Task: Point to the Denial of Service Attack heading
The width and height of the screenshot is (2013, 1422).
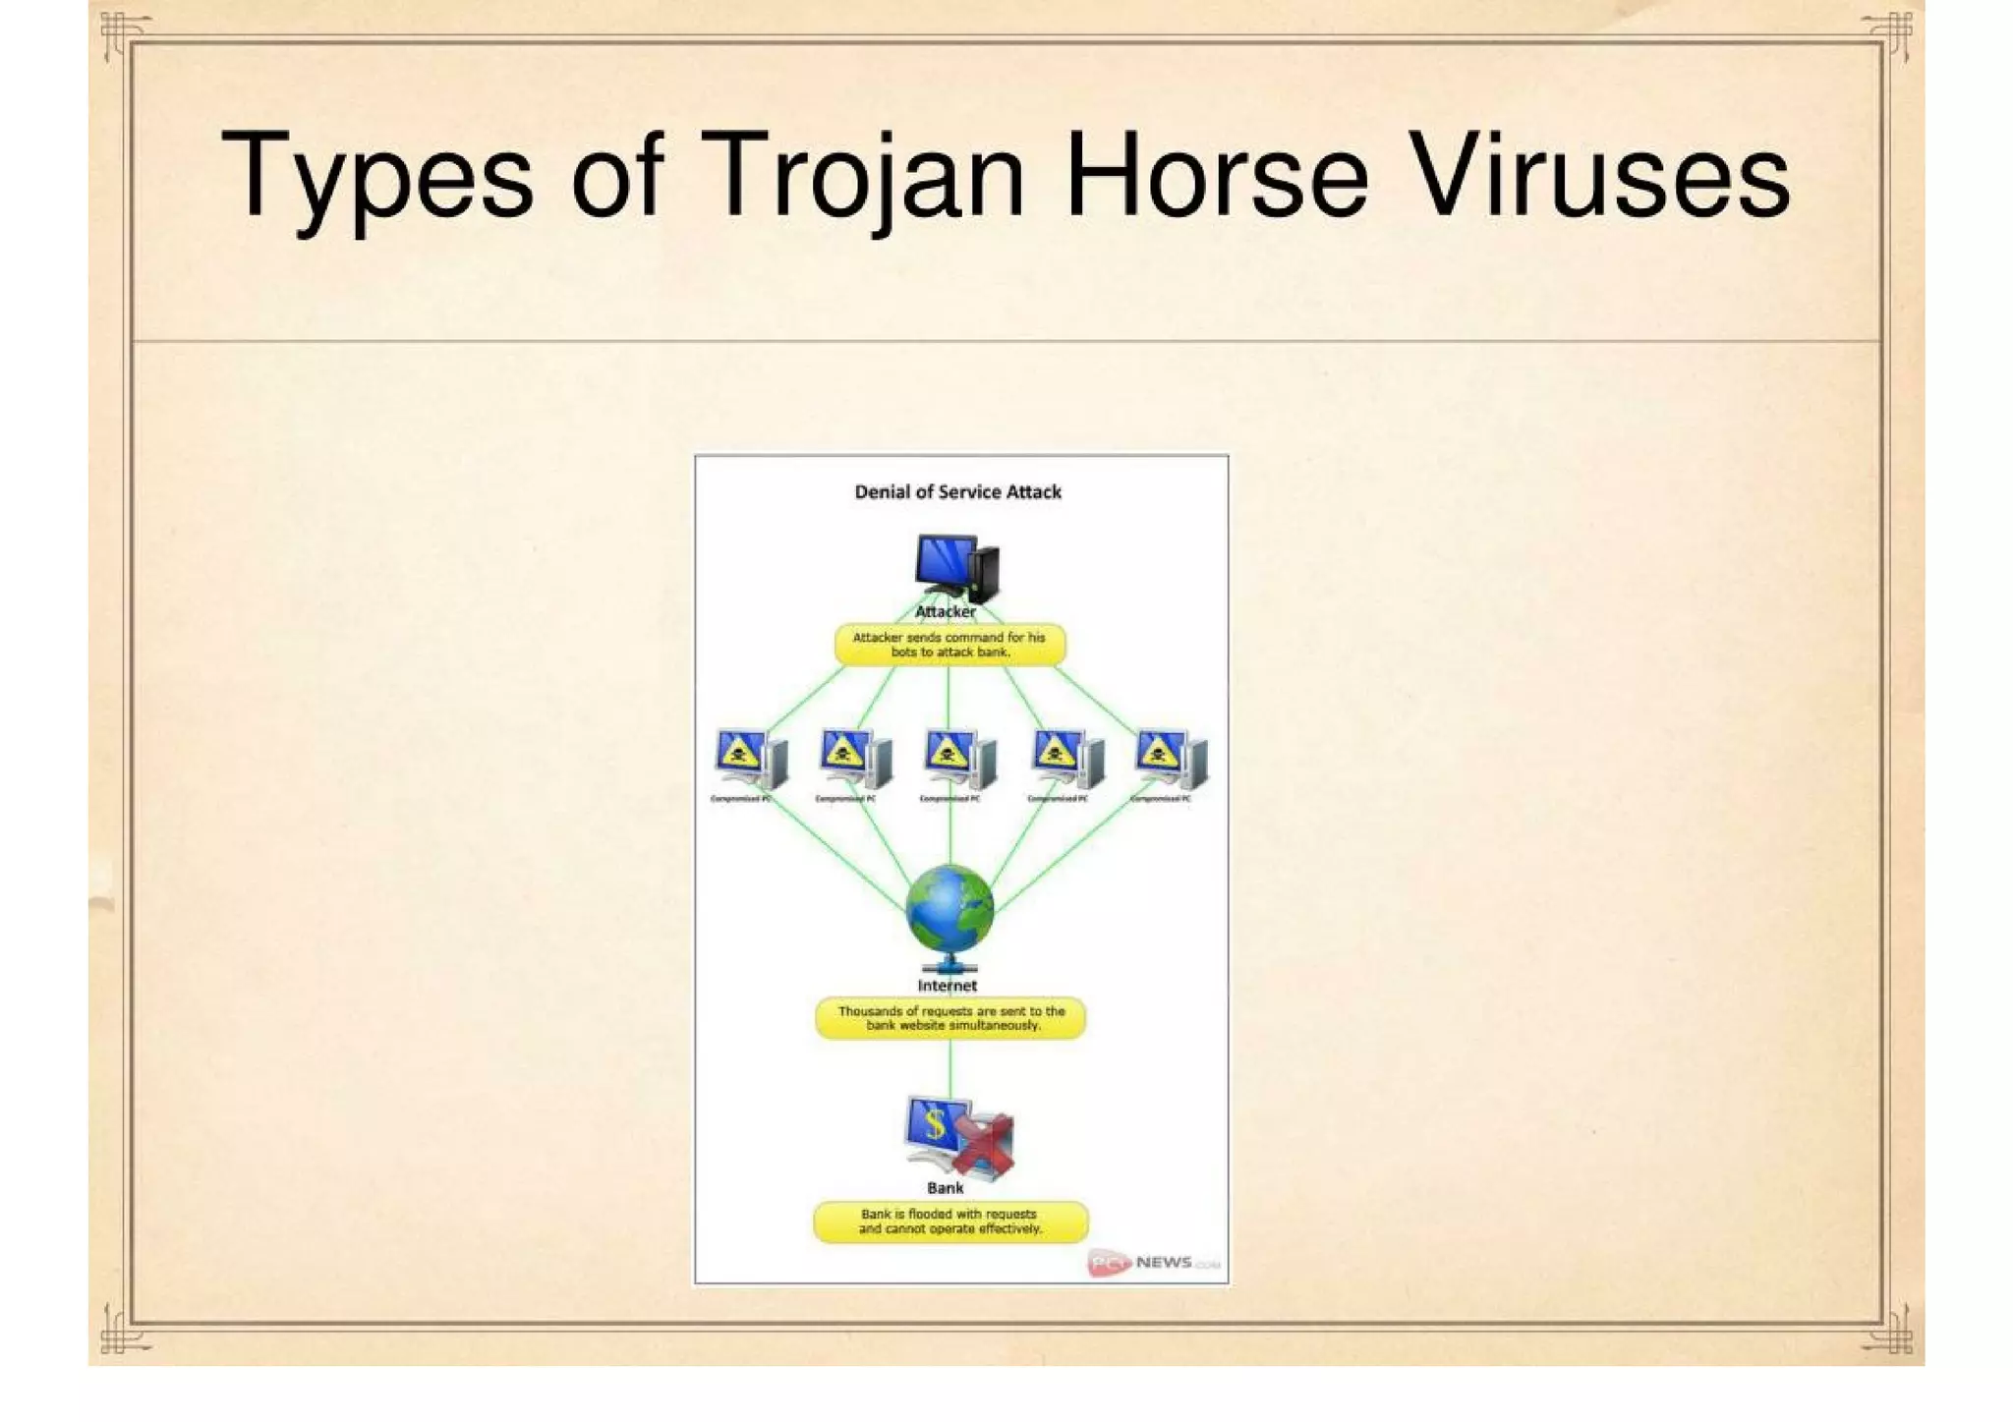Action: [957, 491]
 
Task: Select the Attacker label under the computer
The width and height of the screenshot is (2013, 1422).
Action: [946, 611]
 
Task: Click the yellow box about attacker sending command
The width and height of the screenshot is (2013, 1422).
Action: [949, 645]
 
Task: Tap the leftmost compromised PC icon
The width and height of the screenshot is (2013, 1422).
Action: [749, 760]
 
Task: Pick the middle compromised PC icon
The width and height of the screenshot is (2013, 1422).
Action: [959, 760]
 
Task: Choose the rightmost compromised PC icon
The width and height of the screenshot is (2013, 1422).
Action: [1171, 760]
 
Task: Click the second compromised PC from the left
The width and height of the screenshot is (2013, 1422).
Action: [854, 760]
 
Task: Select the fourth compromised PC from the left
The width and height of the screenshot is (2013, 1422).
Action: [1066, 760]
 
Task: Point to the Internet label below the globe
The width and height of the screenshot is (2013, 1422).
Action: [948, 986]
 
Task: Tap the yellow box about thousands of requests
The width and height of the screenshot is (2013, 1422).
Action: [950, 1018]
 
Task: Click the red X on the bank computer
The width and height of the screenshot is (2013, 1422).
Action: [984, 1144]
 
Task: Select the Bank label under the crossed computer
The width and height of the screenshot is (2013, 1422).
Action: [946, 1187]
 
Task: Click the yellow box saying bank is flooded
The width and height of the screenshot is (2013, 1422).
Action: [950, 1222]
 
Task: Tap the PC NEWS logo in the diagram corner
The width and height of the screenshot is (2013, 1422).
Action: [1152, 1263]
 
